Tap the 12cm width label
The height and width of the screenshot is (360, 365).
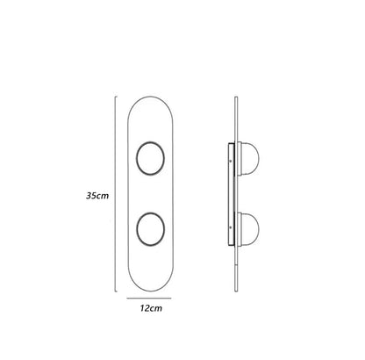point(151,309)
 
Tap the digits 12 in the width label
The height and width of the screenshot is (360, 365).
point(144,309)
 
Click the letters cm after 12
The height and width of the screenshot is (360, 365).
point(157,309)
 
